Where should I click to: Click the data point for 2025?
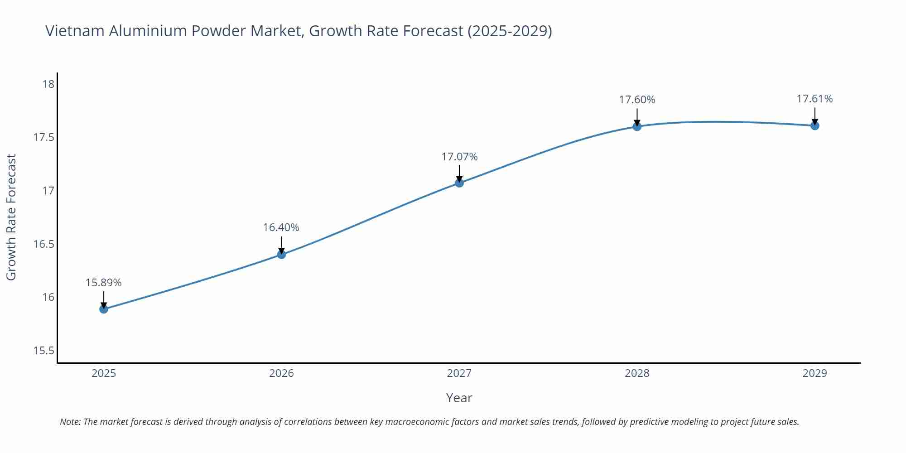pyautogui.click(x=104, y=309)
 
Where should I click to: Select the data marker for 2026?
pyautogui.click(x=281, y=254)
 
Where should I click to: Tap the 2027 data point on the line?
pyautogui.click(x=459, y=183)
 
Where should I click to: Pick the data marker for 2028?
pyautogui.click(x=637, y=126)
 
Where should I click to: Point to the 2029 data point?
pyautogui.click(x=814, y=125)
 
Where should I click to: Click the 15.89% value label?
pyautogui.click(x=103, y=283)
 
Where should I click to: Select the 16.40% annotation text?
pyautogui.click(x=281, y=227)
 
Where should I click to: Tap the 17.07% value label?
pyautogui.click(x=459, y=157)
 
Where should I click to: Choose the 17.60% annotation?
pyautogui.click(x=637, y=100)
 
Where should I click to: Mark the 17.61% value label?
pyautogui.click(x=814, y=99)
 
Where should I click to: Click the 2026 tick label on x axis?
pyautogui.click(x=281, y=373)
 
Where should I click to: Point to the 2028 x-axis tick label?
pyautogui.click(x=637, y=373)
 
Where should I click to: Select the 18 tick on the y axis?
pyautogui.click(x=48, y=84)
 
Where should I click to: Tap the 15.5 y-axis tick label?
pyautogui.click(x=43, y=351)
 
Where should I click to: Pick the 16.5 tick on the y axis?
pyautogui.click(x=43, y=244)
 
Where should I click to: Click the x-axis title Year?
pyautogui.click(x=459, y=398)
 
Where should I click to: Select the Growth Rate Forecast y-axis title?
pyautogui.click(x=11, y=217)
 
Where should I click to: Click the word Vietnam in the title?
pyautogui.click(x=75, y=31)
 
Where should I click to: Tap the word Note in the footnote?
pyautogui.click(x=70, y=422)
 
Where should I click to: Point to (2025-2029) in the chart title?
pyautogui.click(x=510, y=31)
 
